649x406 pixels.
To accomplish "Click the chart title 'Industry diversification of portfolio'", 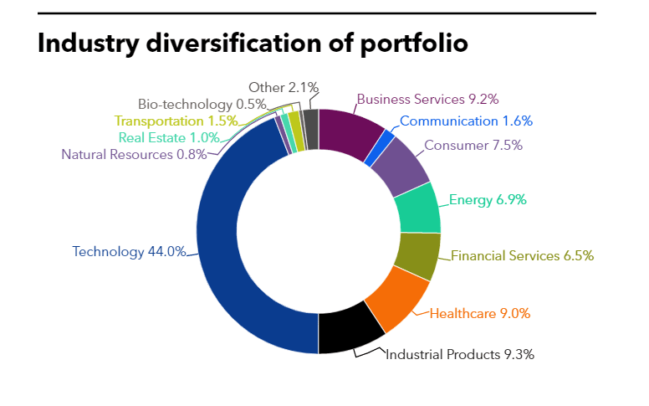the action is (253, 44).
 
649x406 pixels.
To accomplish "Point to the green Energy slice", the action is (418, 208).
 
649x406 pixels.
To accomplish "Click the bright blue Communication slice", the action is (380, 148).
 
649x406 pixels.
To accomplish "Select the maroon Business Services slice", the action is (350, 132).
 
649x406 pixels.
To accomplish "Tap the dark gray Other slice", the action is (311, 129).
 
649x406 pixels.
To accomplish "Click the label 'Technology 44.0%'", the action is (129, 252).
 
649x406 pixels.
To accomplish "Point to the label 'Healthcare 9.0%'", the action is (480, 314).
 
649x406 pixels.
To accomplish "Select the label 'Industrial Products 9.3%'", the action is (460, 355).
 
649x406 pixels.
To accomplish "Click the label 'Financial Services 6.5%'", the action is (522, 256).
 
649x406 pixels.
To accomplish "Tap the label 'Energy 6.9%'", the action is (488, 200).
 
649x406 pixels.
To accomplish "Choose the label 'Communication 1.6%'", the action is (466, 121).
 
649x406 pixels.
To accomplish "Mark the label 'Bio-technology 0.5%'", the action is (202, 105).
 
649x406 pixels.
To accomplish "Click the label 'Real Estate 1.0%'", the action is (169, 137).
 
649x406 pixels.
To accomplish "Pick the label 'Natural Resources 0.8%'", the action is (134, 155).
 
